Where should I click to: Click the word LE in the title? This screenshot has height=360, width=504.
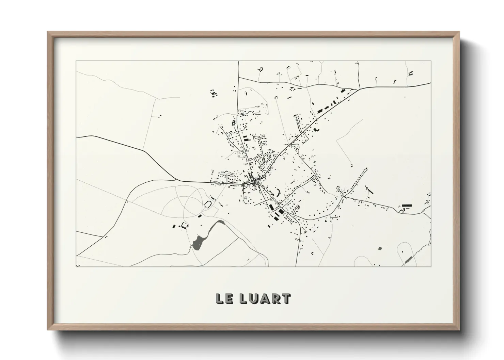click(223, 298)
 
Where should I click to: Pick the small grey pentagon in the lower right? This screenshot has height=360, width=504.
click(380, 248)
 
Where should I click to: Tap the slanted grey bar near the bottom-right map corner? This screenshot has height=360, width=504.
click(408, 260)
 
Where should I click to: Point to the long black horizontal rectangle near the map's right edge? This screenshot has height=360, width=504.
click(407, 206)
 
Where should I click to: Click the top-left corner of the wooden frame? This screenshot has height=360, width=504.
click(48, 32)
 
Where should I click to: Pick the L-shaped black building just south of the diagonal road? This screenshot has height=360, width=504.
click(316, 130)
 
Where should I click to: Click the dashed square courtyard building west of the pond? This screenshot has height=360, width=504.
click(184, 226)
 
